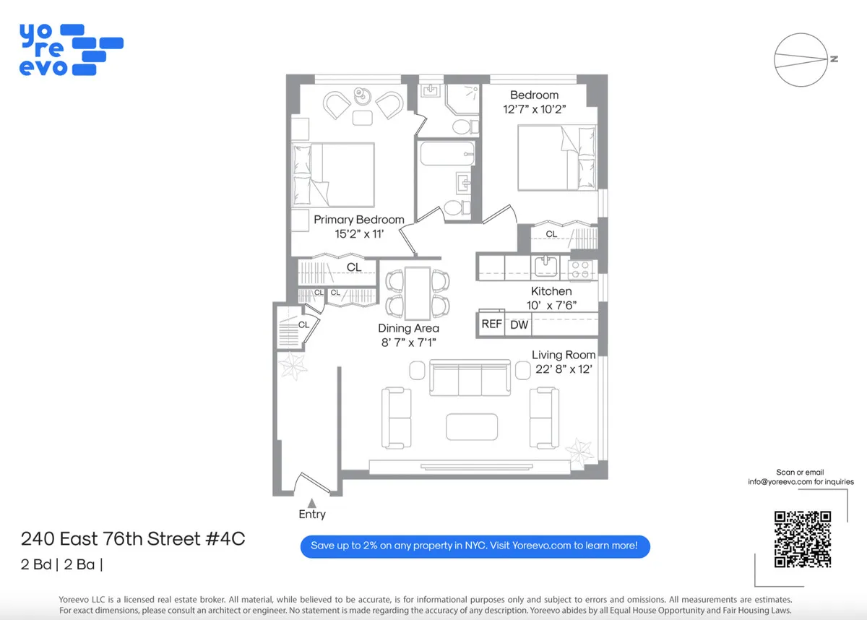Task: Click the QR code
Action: tap(802, 539)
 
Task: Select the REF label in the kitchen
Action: tap(491, 324)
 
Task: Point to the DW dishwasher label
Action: tap(519, 325)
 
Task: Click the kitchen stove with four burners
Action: tap(580, 270)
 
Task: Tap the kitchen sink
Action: tap(545, 267)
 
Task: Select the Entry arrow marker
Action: tap(311, 501)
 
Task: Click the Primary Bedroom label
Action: tap(358, 220)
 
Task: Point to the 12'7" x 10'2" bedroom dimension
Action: tap(534, 110)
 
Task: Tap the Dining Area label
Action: tap(408, 328)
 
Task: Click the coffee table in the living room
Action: tap(471, 426)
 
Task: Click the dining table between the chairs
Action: tap(418, 293)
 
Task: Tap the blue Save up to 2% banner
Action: tap(475, 546)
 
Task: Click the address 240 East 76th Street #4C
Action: tap(128, 539)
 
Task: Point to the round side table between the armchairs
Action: tap(363, 97)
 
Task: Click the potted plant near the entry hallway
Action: tap(294, 367)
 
